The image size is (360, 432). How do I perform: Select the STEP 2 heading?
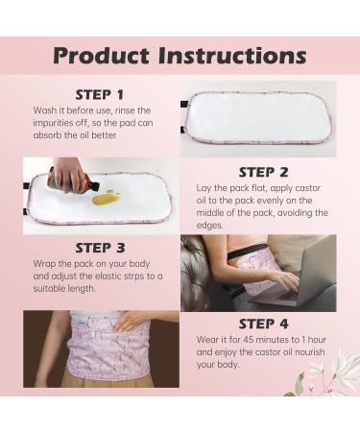263,172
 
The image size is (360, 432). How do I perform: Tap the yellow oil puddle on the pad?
108,199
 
